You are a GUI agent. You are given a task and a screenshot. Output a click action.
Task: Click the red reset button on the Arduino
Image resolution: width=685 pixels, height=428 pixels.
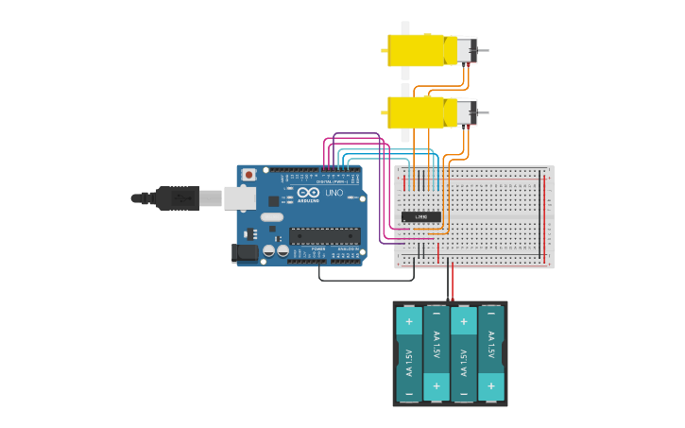tap(248, 175)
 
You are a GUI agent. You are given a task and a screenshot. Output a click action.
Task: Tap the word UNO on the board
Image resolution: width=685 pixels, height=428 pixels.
tap(334, 193)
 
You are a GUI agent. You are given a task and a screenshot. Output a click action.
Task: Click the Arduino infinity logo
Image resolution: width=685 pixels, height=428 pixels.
tap(308, 192)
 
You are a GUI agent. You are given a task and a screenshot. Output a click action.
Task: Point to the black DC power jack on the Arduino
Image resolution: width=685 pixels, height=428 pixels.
tap(246, 252)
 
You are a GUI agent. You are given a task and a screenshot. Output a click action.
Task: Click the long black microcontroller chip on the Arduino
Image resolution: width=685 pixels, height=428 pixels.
tap(324, 235)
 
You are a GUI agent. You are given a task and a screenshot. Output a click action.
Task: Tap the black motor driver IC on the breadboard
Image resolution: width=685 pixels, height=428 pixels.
tap(420, 216)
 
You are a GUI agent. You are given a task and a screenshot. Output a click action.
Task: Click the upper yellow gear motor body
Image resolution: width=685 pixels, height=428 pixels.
tap(420, 50)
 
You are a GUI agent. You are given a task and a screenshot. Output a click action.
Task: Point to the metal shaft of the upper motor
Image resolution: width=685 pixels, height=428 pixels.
tap(483, 50)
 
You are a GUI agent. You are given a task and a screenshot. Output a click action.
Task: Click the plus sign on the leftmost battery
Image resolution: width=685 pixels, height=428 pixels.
tap(409, 321)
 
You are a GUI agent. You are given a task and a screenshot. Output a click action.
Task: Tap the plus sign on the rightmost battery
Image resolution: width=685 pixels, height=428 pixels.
tap(490, 385)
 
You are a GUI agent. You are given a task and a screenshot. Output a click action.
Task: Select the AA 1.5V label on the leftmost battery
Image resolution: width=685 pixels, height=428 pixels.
tap(409, 362)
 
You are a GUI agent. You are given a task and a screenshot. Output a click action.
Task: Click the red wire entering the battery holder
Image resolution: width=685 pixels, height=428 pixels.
tap(453, 283)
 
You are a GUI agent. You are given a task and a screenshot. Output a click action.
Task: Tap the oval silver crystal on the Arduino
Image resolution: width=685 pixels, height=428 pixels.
tap(272, 217)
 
